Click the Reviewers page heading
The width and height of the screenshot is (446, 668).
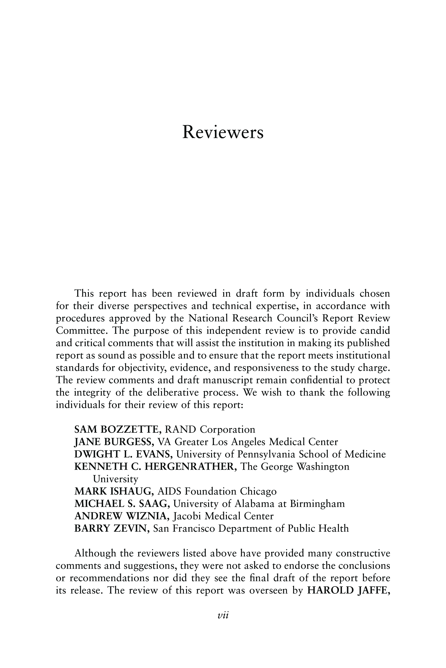223,132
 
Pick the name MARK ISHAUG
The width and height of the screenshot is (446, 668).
114,491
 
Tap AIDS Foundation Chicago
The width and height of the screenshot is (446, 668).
217,491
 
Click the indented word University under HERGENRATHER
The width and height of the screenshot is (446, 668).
115,479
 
